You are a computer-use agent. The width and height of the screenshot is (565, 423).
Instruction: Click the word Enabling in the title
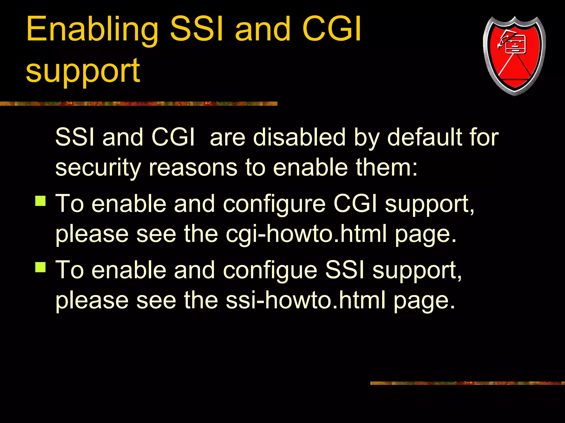[92, 30]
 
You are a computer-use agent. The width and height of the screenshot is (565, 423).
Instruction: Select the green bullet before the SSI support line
[41, 267]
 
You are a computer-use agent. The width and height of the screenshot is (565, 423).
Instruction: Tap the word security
[98, 168]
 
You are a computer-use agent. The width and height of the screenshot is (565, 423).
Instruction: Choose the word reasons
[193, 168]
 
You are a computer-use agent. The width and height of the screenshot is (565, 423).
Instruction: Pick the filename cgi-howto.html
[306, 234]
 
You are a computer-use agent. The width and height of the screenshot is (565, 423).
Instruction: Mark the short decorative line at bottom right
[467, 383]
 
